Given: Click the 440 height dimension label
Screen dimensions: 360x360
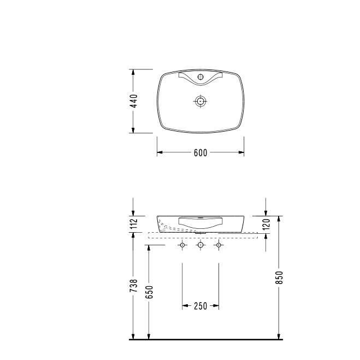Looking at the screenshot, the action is point(133,101).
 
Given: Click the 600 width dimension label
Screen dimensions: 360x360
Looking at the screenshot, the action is point(200,152).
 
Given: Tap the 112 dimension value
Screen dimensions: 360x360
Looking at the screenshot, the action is point(133,223).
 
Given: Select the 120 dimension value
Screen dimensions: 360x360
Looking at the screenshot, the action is point(266,224).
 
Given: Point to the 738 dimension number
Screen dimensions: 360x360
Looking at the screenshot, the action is point(133,285).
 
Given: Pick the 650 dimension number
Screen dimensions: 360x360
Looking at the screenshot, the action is point(149,292).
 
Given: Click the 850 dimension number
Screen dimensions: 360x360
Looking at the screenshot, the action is point(279,278).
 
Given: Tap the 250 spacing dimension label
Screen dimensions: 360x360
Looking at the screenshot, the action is point(200,306).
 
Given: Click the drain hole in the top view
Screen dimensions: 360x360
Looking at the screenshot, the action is point(200,101).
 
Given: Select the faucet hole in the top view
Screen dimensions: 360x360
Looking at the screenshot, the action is point(200,76).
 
